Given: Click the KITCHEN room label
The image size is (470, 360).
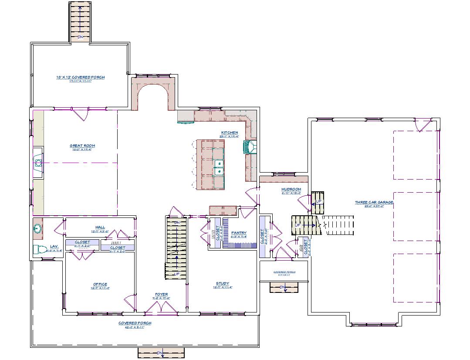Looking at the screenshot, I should click(230, 132).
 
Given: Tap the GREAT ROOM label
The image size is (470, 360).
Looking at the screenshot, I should click(82, 146).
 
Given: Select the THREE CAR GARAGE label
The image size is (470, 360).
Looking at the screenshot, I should click(374, 202).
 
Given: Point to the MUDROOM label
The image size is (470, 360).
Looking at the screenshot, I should click(291, 189).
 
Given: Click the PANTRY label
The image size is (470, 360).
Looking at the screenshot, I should click(239, 233).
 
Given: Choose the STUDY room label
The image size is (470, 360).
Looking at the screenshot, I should click(222, 283).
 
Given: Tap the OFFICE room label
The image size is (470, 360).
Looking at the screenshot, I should click(100, 284).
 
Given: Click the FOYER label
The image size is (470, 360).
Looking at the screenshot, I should click(161, 295).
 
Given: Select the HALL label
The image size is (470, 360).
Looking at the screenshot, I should click(100, 227).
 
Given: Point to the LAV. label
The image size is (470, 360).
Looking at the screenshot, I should click(54, 246).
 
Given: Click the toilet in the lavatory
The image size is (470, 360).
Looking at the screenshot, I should click(40, 250).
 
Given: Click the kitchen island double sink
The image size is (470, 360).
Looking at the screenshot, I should click(219, 167).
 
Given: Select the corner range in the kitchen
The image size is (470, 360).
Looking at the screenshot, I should click(250, 147).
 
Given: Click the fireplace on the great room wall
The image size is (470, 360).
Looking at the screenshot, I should click(38, 163).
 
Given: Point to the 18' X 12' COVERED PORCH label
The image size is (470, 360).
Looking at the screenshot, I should click(80, 77).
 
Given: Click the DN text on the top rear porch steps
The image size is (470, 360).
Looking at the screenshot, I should click(80, 37).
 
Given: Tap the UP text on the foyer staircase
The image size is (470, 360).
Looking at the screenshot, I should click(176, 274).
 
